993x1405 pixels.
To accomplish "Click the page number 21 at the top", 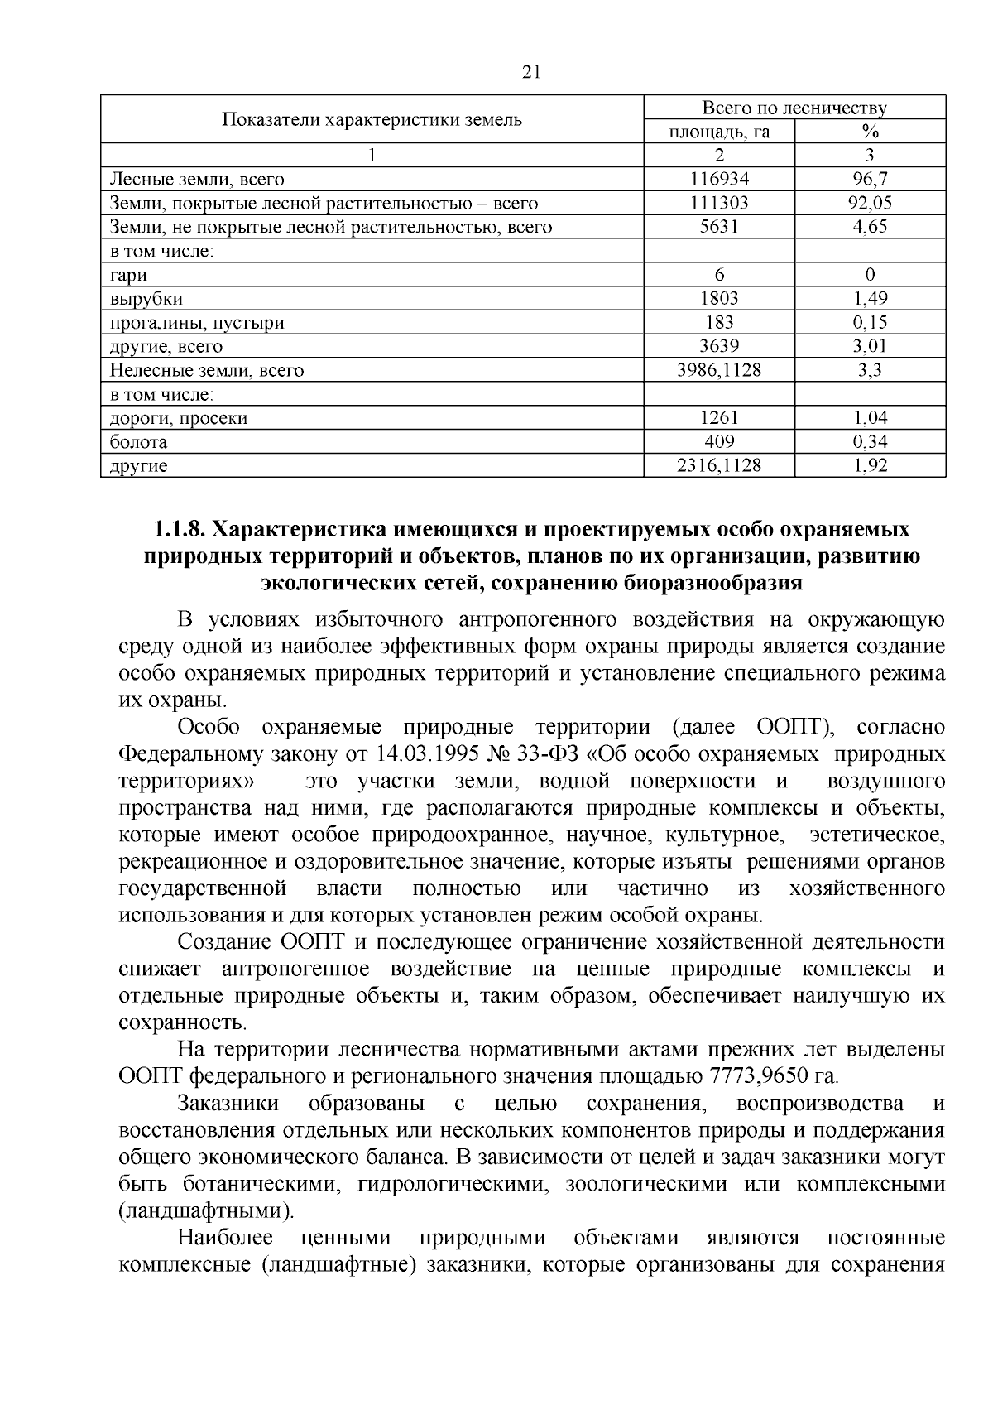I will (x=531, y=72).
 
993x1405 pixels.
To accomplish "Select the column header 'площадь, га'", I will (x=718, y=132).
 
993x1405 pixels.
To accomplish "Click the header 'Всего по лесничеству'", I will (x=794, y=108).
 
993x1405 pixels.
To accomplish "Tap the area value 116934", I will (x=718, y=179).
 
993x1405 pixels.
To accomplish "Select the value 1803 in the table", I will (x=718, y=298).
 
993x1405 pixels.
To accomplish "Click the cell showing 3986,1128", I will (x=718, y=370).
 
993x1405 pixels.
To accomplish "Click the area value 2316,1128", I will (x=718, y=466).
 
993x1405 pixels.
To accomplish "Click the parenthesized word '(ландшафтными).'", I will (x=207, y=1211).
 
